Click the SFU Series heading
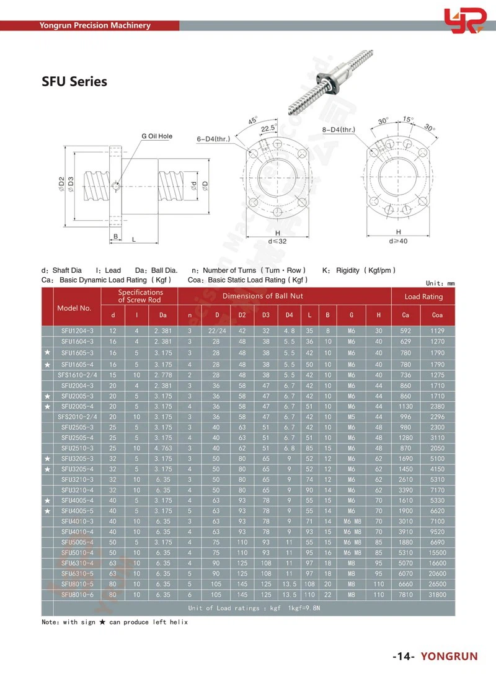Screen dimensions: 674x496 pyautogui.click(x=74, y=81)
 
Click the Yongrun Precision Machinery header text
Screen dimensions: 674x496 pyautogui.click(x=95, y=25)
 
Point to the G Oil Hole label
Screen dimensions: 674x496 pyautogui.click(x=157, y=136)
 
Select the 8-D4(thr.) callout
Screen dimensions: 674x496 pyautogui.click(x=338, y=130)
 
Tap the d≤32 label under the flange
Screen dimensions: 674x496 pyautogui.click(x=278, y=241)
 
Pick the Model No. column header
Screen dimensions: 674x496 pyautogui.click(x=74, y=308)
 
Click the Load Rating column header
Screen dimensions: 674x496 pyautogui.click(x=423, y=296)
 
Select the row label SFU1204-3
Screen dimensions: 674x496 pyautogui.click(x=77, y=331)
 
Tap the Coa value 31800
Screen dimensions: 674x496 pyautogui.click(x=437, y=595)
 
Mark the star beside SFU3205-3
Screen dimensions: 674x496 pyautogui.click(x=48, y=458)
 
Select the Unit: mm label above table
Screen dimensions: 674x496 pyautogui.click(x=440, y=282)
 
